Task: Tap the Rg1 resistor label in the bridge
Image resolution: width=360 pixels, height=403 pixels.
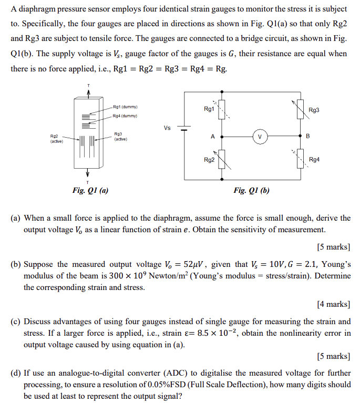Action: click(209, 109)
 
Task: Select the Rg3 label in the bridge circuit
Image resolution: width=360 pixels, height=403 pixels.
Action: click(314, 110)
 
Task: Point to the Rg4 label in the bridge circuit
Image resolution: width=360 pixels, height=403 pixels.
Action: click(314, 159)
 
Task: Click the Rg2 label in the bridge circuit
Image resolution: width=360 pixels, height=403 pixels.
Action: click(209, 159)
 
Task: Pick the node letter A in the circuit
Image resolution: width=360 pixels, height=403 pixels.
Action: click(212, 136)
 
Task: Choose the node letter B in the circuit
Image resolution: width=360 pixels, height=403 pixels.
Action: click(307, 136)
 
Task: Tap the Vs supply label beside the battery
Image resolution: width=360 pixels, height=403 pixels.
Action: click(167, 128)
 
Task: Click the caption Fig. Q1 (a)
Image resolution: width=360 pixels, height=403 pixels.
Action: click(91, 191)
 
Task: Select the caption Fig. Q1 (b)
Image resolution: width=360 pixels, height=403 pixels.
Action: click(251, 191)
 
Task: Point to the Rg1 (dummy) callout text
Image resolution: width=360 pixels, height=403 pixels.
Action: click(125, 107)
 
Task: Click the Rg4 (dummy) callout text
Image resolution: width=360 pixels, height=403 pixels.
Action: click(125, 116)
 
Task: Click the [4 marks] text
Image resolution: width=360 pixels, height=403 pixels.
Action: click(334, 304)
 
